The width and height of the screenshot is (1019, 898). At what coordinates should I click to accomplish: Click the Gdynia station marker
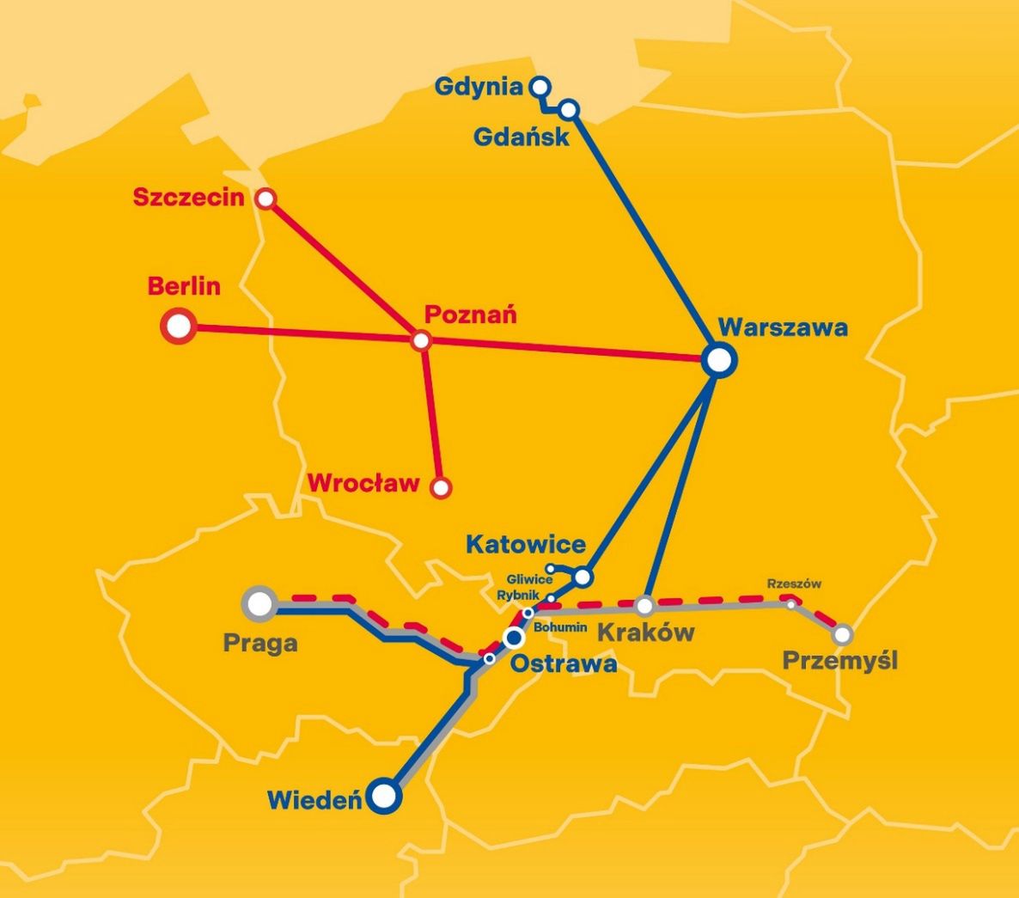tap(540, 87)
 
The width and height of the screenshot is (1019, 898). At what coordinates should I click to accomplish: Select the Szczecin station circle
tap(266, 199)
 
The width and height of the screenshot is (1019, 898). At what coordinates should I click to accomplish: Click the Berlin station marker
tap(179, 327)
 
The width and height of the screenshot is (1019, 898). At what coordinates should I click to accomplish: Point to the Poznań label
tap(471, 315)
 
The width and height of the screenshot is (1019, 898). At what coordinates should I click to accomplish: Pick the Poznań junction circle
tap(421, 341)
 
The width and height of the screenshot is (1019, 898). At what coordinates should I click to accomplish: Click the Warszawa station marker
tap(719, 361)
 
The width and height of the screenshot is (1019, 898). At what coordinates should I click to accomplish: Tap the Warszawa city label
tap(783, 327)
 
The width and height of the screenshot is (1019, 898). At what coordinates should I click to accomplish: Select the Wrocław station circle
tap(441, 488)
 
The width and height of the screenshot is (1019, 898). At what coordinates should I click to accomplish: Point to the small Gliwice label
tap(529, 580)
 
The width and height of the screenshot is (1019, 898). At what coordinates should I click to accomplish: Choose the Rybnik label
tap(518, 596)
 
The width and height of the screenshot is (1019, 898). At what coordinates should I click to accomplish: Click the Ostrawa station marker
tap(514, 638)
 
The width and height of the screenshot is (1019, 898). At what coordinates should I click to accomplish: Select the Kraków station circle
tap(645, 606)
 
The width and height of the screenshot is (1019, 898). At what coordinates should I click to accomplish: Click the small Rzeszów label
tap(794, 584)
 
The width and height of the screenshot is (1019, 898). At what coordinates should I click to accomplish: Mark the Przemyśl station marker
tap(843, 635)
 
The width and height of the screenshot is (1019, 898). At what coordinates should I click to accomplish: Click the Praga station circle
tap(259, 603)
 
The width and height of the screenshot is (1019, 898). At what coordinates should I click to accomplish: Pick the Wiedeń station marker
tap(385, 796)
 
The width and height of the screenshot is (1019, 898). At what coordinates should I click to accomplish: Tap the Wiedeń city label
tap(314, 801)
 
